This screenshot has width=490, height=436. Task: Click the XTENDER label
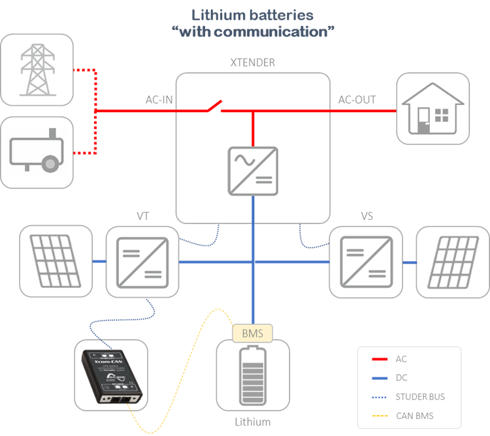[253, 63]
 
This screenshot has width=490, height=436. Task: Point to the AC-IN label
[159, 100]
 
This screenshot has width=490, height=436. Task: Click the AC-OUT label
[357, 100]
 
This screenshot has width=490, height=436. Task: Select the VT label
[143, 216]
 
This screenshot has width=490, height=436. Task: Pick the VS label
[367, 216]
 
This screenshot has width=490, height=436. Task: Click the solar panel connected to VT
[56, 262]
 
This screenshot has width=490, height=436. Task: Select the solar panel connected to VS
[452, 262]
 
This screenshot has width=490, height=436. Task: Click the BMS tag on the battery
[253, 334]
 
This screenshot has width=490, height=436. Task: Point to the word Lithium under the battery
[253, 422]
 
